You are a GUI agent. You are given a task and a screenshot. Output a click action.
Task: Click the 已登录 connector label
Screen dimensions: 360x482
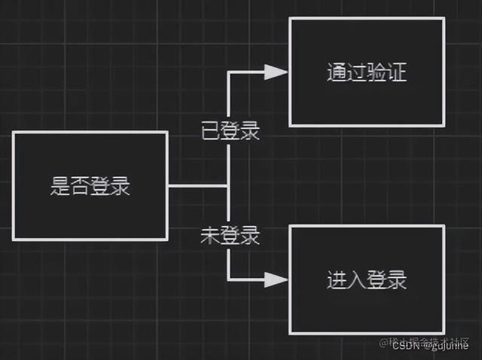(x=230, y=130)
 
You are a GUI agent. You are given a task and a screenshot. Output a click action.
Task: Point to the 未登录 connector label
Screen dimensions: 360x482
(x=230, y=236)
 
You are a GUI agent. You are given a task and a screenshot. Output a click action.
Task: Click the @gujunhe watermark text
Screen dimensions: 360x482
(x=447, y=346)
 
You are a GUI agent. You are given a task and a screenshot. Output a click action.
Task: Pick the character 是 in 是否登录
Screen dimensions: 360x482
(x=60, y=186)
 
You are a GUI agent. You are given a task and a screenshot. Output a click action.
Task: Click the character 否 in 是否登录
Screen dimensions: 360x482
(x=81, y=186)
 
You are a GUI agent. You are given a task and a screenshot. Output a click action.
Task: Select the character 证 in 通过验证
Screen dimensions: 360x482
(x=397, y=72)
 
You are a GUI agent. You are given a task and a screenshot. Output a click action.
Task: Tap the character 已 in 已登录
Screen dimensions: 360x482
(x=210, y=130)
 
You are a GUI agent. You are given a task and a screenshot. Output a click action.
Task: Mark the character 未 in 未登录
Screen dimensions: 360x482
(x=210, y=236)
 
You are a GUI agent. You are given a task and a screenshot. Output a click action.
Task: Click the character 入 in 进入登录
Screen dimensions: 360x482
(x=357, y=280)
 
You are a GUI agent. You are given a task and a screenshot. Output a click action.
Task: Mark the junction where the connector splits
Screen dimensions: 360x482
(x=228, y=185)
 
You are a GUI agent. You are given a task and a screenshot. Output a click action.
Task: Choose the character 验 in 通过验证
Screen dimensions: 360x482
(x=377, y=72)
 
